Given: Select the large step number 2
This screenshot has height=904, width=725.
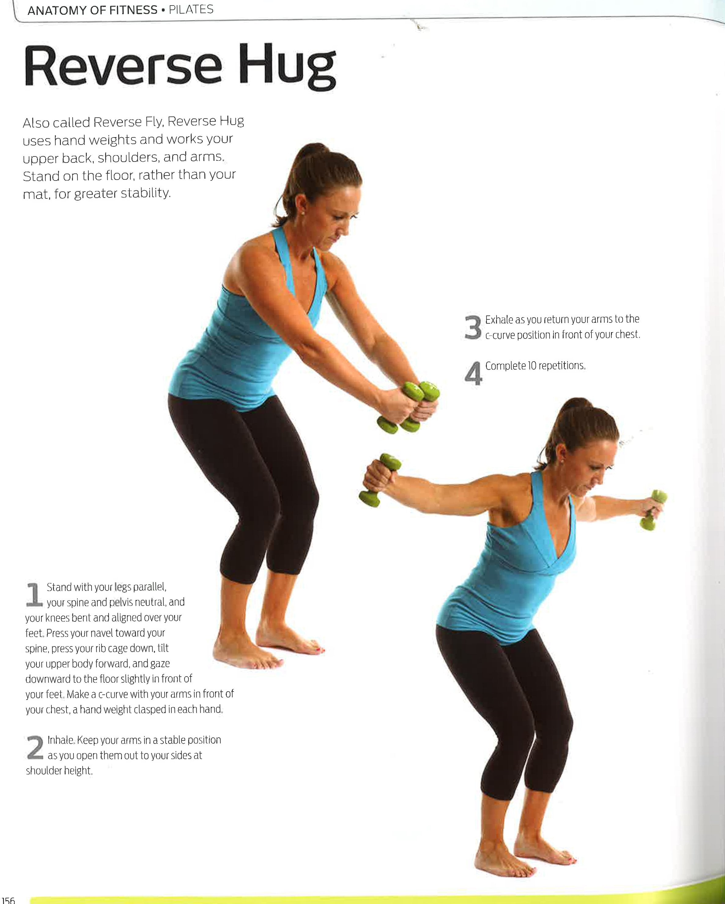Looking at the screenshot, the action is pos(35,747).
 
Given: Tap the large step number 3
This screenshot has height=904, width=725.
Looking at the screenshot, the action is pos(473,328).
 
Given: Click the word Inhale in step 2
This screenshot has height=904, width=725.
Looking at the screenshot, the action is pos(61,740).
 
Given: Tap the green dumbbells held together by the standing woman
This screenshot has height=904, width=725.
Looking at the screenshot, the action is pos(409,407).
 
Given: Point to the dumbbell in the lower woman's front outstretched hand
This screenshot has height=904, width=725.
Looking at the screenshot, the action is pos(653,510).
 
